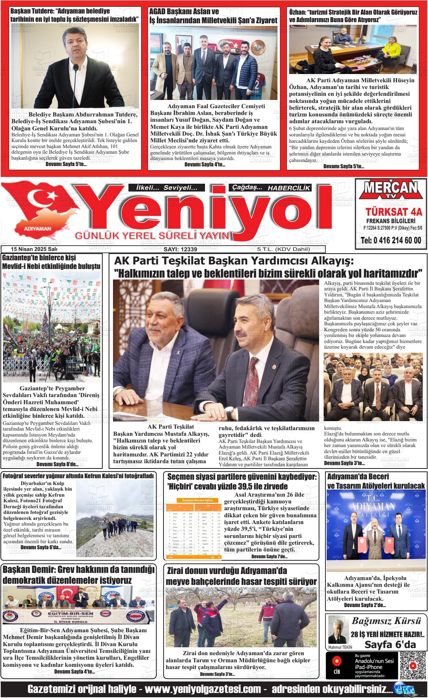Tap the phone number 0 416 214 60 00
pyautogui.click(x=391, y=240)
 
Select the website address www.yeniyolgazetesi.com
pyautogui.click(x=203, y=690)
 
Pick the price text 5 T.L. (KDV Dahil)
pyautogui.click(x=283, y=249)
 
